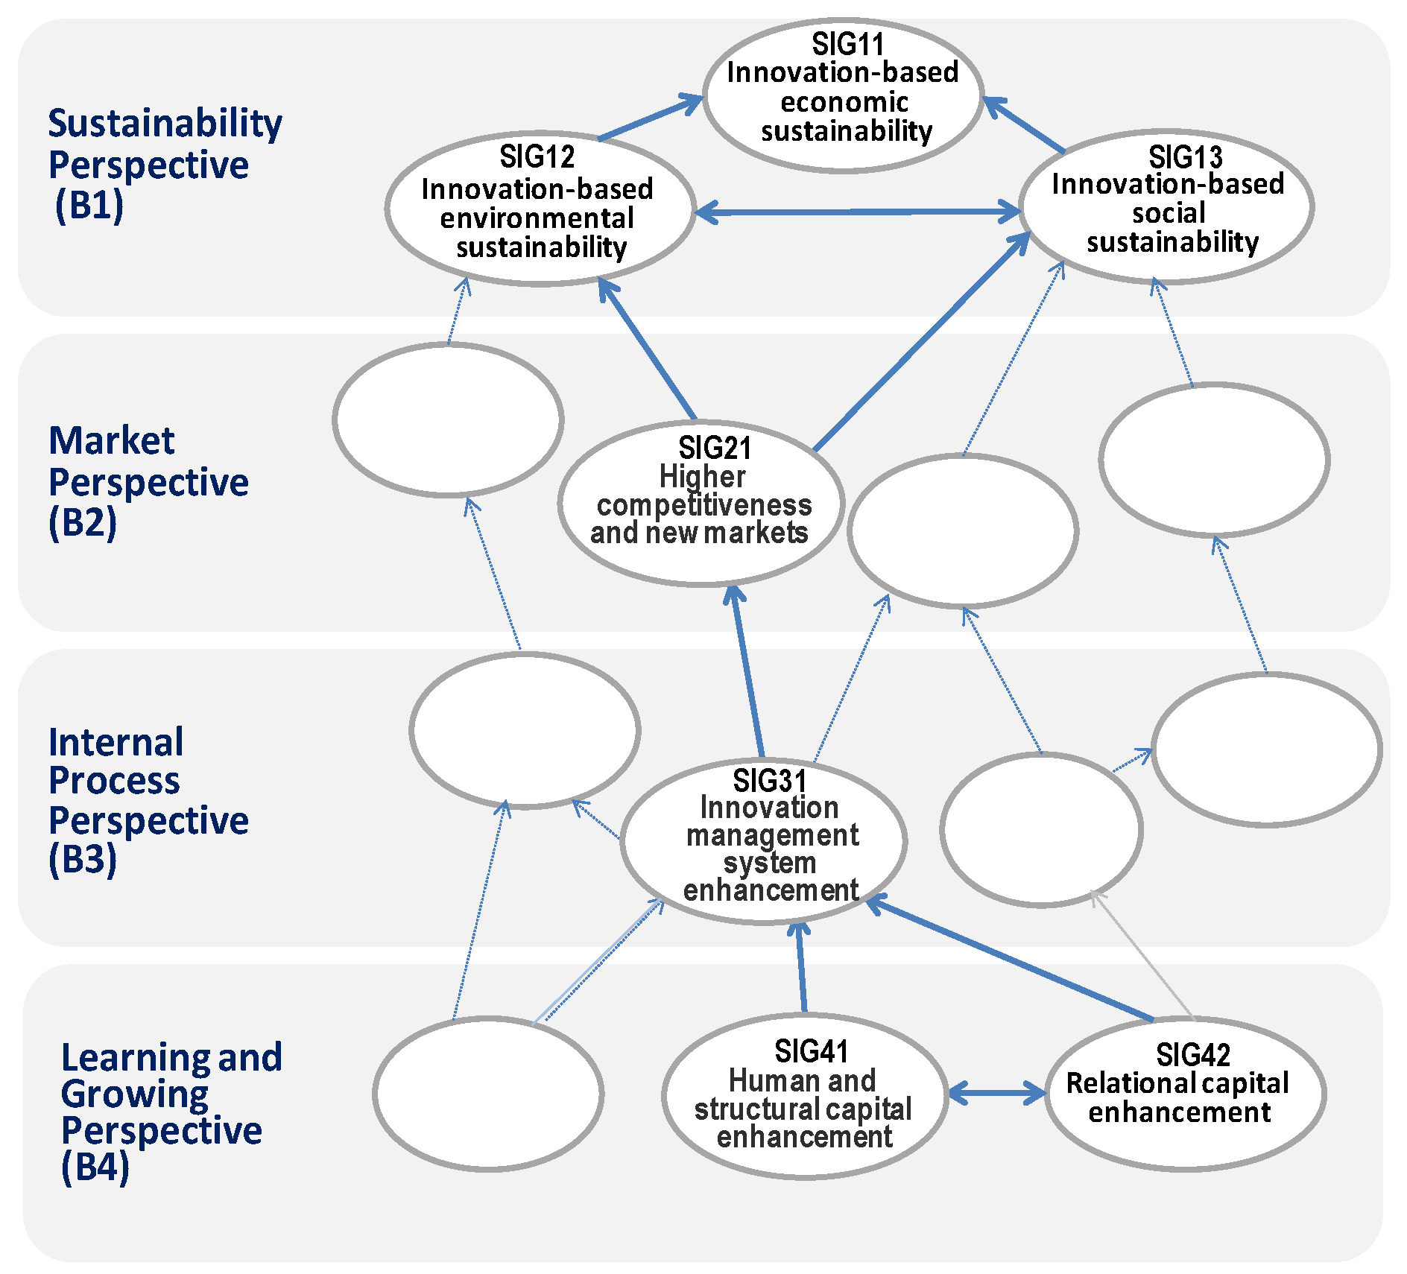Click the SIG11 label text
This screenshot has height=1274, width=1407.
pyautogui.click(x=847, y=45)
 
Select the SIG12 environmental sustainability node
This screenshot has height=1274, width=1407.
pyautogui.click(x=540, y=209)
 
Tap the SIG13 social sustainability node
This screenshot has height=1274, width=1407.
pyautogui.click(x=1166, y=207)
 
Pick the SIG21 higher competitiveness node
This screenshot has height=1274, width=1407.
pyautogui.click(x=701, y=503)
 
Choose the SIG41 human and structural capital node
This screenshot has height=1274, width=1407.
pyautogui.click(x=805, y=1095)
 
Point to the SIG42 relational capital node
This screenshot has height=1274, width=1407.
pyautogui.click(x=1185, y=1094)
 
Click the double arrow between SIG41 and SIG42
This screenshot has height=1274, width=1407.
pyautogui.click(x=997, y=1094)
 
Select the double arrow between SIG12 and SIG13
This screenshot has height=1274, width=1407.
pyautogui.click(x=857, y=212)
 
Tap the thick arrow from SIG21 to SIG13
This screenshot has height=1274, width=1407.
pyautogui.click(x=920, y=343)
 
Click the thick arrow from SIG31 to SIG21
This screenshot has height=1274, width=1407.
pyautogui.click(x=748, y=671)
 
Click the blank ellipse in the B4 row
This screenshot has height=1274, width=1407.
pyautogui.click(x=488, y=1094)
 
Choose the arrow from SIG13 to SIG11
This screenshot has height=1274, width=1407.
pyautogui.click(x=1025, y=124)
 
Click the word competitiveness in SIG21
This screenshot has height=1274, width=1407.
pyautogui.click(x=704, y=505)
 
